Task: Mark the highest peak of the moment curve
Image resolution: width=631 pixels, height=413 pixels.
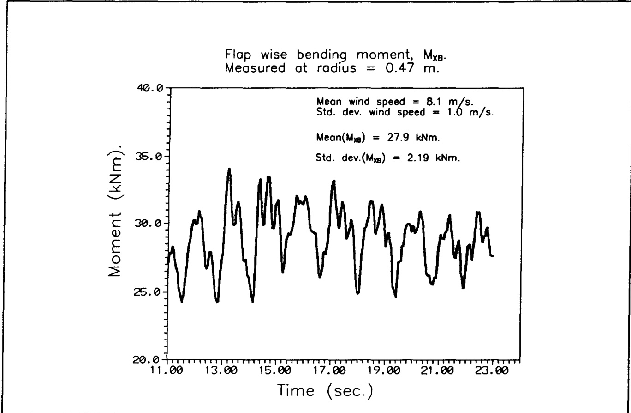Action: (x=229, y=169)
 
